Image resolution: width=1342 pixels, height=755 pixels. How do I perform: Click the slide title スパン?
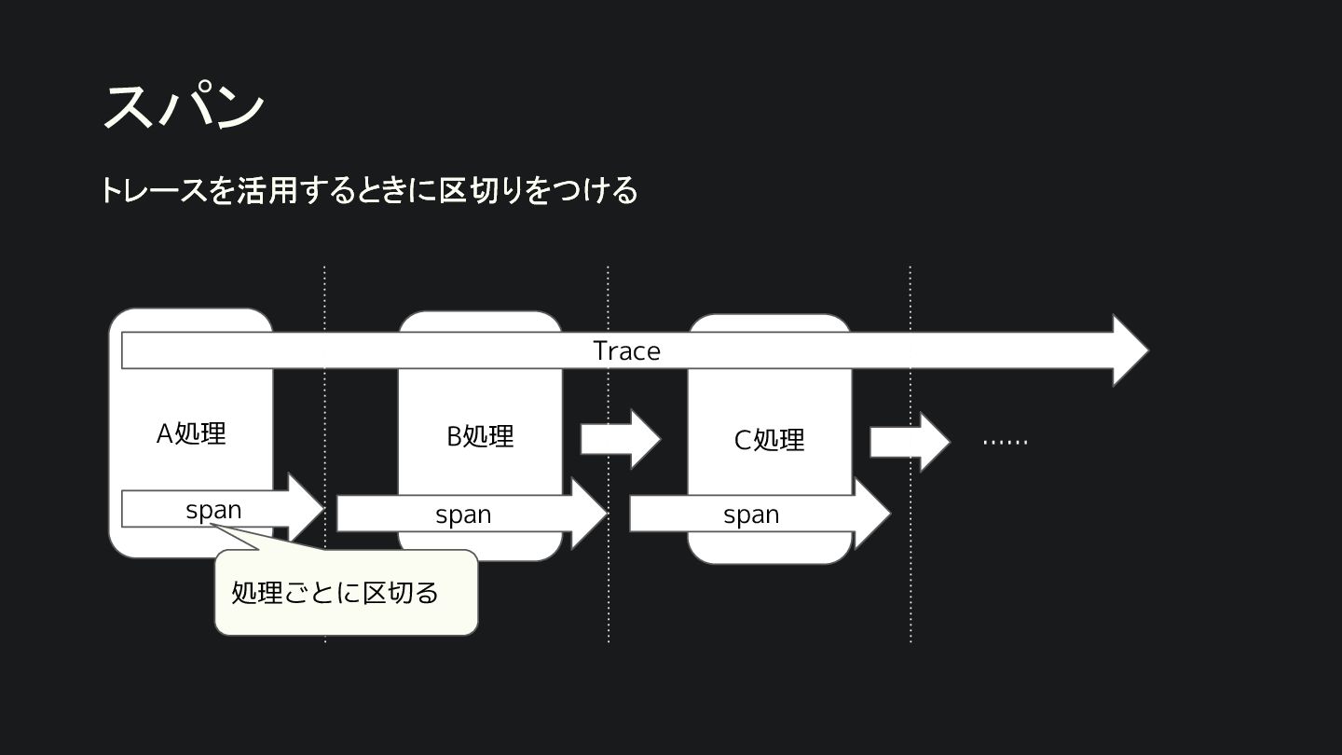pos(183,105)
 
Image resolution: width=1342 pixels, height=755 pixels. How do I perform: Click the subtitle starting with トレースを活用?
pos(369,190)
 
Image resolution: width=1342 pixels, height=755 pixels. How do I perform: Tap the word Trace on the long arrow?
pos(626,350)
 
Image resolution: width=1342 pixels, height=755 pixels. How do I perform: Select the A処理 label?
pos(191,433)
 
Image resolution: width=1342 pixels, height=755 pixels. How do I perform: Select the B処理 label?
pos(480,436)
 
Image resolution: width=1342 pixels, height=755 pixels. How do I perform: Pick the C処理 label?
pos(769,440)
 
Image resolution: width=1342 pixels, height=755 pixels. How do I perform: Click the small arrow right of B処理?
pos(620,439)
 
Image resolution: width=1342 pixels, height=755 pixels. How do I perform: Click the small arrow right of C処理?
pos(909,442)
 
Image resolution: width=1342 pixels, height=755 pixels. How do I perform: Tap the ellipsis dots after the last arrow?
pos(1006,441)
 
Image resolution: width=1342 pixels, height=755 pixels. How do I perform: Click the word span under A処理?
pos(213,510)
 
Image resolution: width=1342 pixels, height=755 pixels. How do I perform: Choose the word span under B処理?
pos(463,515)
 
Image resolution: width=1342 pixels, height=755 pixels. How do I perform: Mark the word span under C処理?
pos(751,515)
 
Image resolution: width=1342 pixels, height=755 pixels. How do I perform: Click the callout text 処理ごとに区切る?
pos(335,593)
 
